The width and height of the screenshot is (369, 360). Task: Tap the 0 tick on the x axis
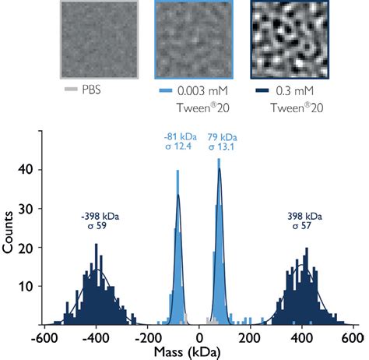[201, 338]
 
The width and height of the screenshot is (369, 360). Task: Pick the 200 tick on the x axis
[251, 338]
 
